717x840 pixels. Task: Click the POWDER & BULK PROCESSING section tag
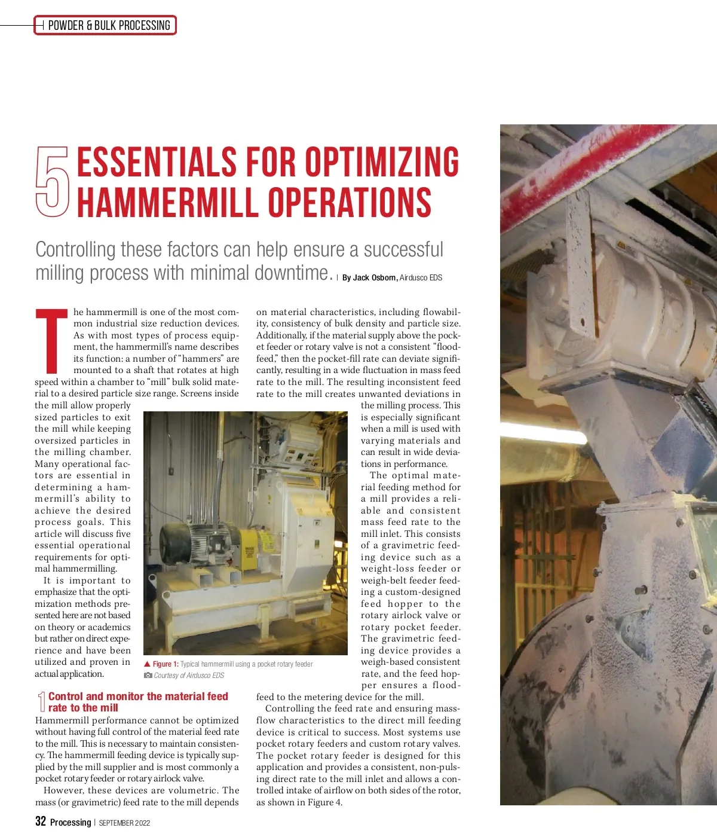(109, 25)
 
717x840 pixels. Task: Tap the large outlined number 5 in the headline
(51, 182)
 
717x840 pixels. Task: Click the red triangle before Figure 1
(147, 664)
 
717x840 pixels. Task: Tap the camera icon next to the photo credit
(148, 676)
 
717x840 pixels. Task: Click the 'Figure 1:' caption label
(166, 664)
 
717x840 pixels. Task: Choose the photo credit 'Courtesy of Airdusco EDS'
(189, 676)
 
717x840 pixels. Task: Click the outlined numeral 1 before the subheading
(41, 702)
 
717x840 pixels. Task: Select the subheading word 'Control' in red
(66, 697)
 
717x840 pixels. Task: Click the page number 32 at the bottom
(41, 821)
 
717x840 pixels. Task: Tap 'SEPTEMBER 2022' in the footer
(124, 823)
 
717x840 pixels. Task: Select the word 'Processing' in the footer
(71, 823)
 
